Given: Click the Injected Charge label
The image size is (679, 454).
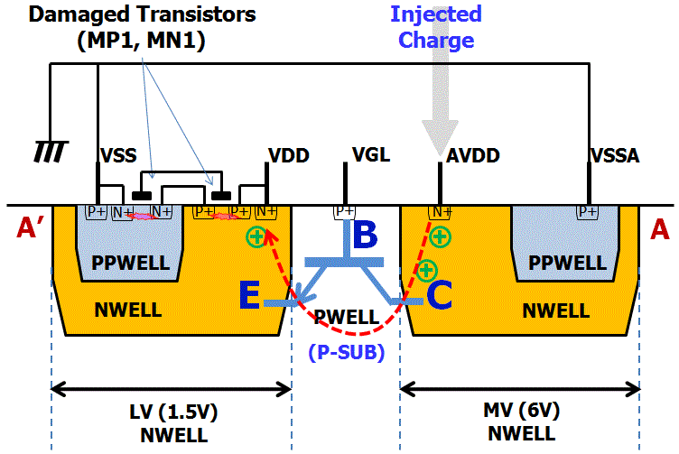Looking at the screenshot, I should click(436, 27).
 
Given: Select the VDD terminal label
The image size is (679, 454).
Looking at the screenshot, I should click(289, 155).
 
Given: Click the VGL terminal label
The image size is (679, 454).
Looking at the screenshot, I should click(370, 154).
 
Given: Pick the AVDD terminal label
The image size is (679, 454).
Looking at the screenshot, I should click(467, 155).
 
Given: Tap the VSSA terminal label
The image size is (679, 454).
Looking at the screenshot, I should click(615, 155).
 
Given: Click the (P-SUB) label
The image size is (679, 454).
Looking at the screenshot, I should click(347, 352).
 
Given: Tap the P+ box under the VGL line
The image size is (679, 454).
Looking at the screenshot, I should click(345, 212).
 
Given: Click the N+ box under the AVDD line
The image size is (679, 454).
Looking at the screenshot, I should click(440, 212).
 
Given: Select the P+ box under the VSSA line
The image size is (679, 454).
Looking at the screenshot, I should click(588, 212).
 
